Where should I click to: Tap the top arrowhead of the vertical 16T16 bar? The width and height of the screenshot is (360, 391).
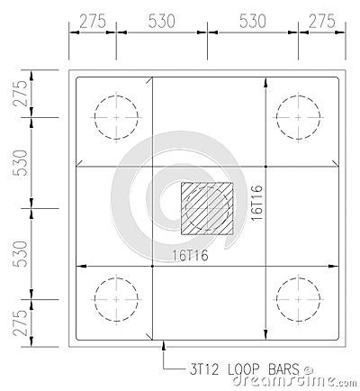265,81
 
